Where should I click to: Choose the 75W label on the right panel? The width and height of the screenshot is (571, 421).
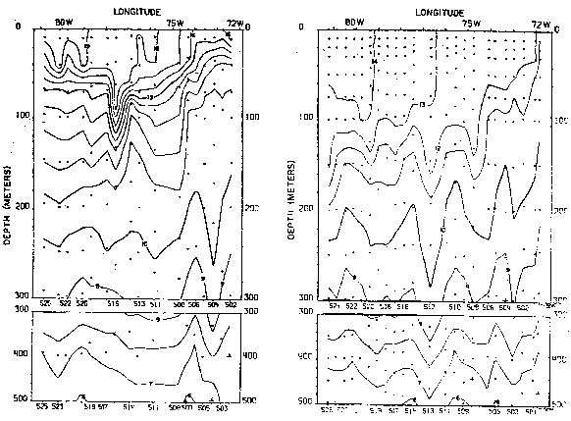(x=471, y=21)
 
